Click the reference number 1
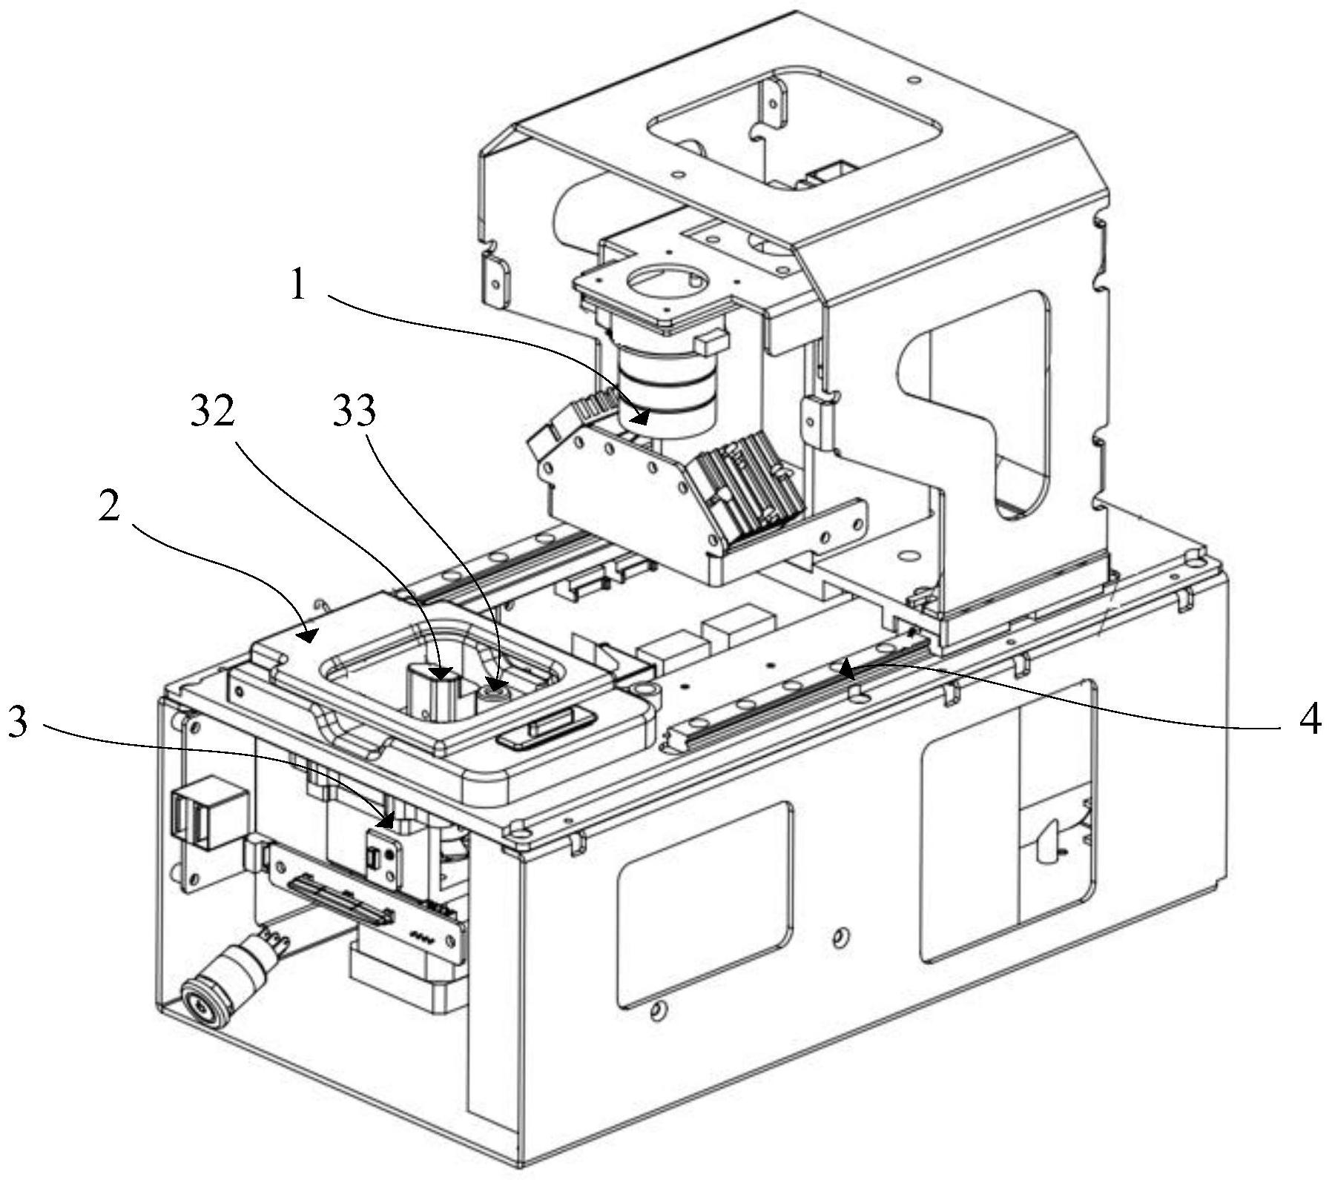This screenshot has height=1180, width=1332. click(298, 285)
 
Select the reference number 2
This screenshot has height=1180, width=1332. click(109, 507)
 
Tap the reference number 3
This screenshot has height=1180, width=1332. click(17, 721)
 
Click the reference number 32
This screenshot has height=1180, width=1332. click(212, 412)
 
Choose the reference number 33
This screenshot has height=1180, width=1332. click(354, 412)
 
